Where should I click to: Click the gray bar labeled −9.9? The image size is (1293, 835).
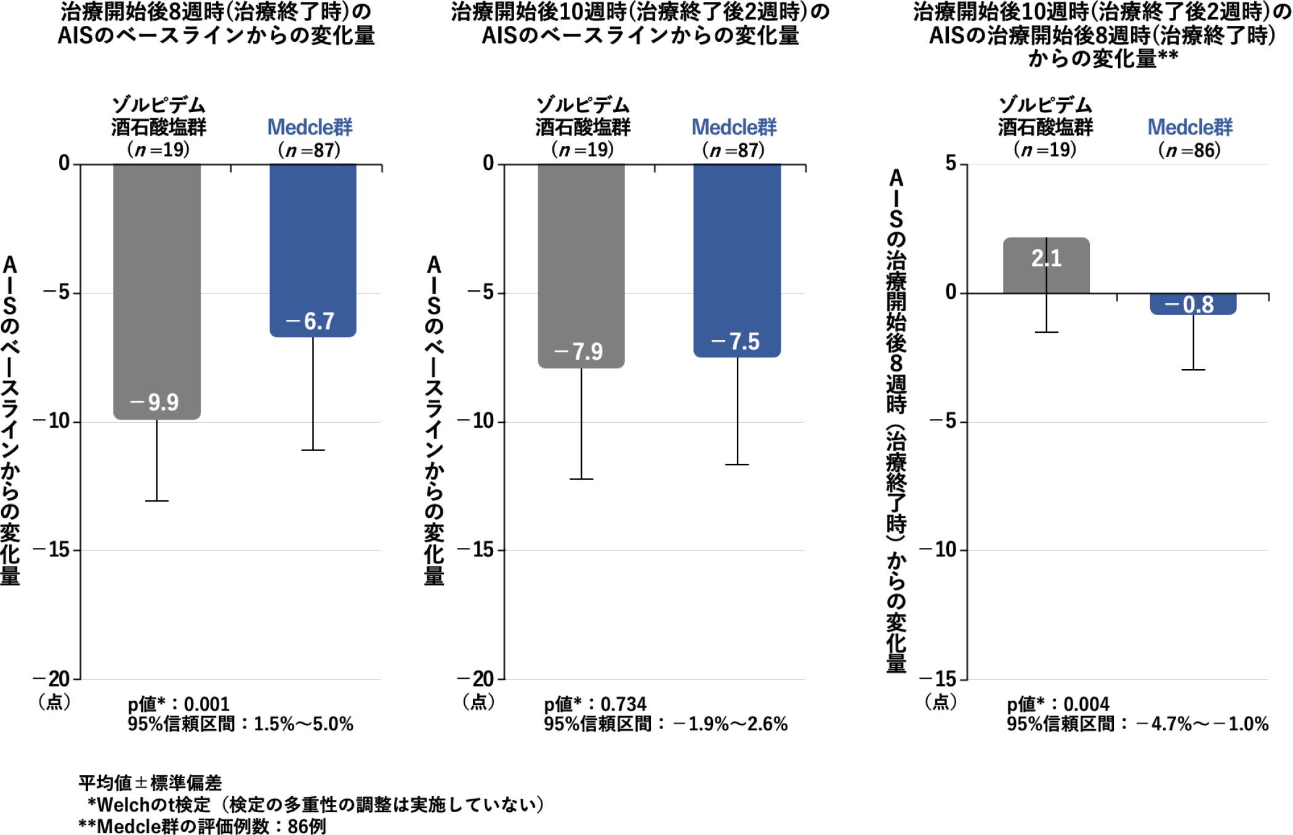click(156, 290)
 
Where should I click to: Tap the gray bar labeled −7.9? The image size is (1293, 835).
click(581, 265)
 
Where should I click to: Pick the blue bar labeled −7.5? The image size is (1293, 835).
click(737, 259)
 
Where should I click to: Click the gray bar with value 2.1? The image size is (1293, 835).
click(1046, 265)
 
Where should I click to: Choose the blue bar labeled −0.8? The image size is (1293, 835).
click(1193, 304)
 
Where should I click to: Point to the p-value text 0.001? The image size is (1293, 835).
click(207, 704)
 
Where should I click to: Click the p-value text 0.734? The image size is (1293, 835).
click(623, 704)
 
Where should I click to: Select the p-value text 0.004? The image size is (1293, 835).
click(1086, 704)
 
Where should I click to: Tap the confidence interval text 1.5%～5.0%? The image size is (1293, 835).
click(304, 723)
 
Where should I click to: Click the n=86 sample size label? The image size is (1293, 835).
click(1190, 150)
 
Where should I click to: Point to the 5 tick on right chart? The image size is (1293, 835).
click(951, 163)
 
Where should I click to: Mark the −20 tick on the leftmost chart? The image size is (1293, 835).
click(52, 679)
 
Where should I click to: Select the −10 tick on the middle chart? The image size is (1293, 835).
click(476, 422)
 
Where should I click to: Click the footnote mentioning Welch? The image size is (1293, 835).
click(315, 804)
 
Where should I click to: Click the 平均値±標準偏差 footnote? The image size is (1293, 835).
click(150, 783)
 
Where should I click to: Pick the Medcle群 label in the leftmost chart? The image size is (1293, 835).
click(310, 128)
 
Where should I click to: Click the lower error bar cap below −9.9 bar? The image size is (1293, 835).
click(156, 500)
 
